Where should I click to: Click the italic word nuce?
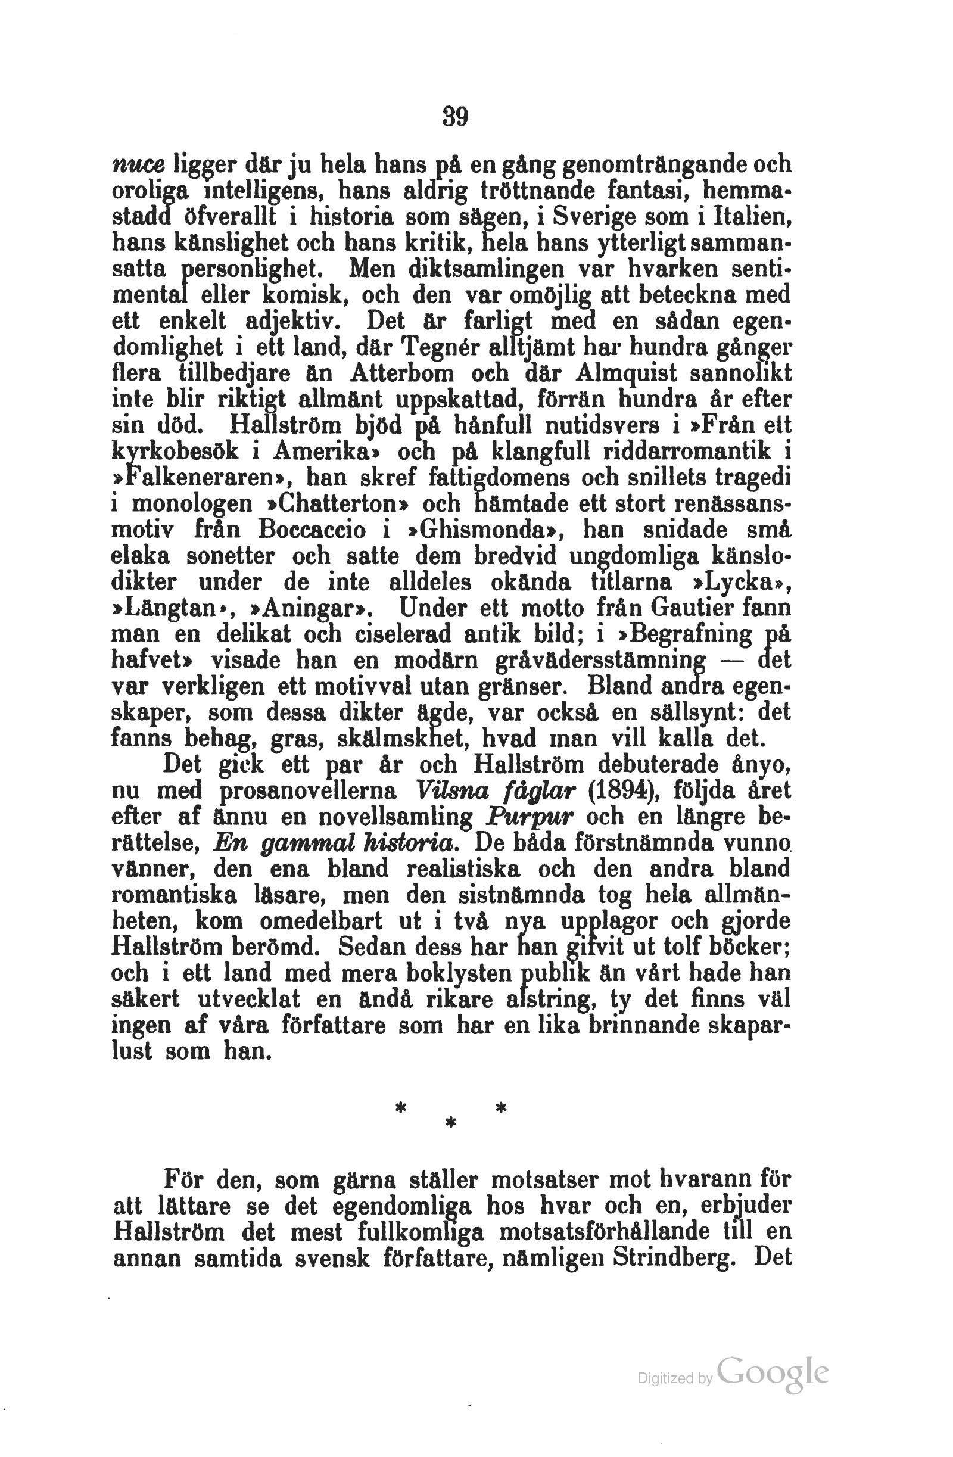[138, 165]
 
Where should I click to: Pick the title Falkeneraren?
[202, 477]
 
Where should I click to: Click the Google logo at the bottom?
[773, 1372]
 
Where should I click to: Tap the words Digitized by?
[674, 1378]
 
